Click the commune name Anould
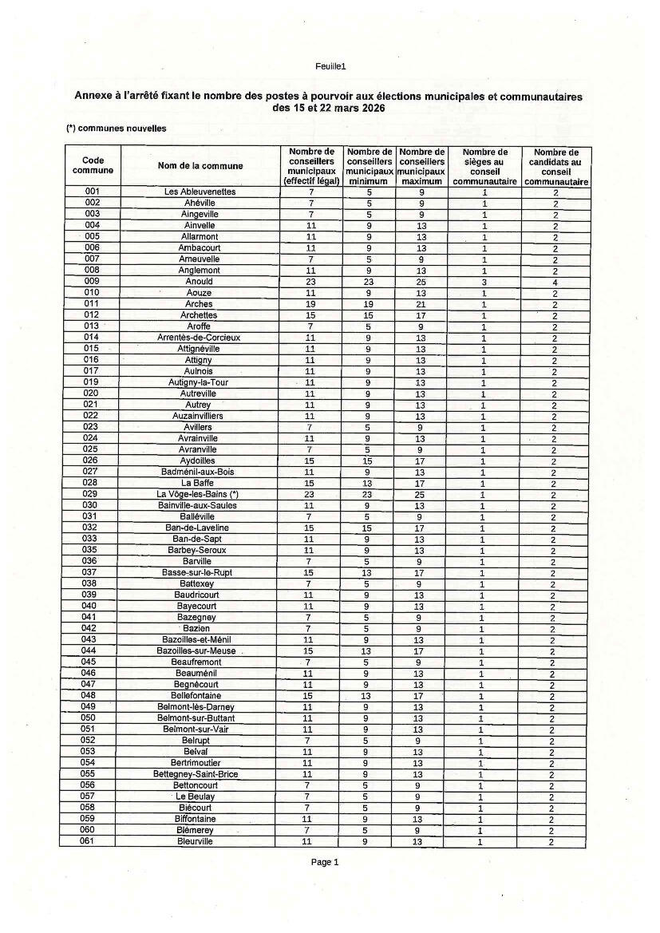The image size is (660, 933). click(199, 282)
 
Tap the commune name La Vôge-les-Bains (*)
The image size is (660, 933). click(198, 494)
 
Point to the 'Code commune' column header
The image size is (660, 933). click(93, 165)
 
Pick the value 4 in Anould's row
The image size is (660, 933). click(554, 282)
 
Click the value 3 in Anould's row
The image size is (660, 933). click(484, 282)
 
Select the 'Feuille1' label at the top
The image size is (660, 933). click(330, 66)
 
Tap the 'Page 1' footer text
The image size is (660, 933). click(325, 862)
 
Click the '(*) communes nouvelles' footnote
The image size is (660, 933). click(117, 128)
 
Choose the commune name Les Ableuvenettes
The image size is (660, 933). click(200, 192)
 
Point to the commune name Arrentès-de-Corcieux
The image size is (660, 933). click(199, 338)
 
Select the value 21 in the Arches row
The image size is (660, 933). click(421, 304)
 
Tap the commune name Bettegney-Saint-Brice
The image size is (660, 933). click(196, 774)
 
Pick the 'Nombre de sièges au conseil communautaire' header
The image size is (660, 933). click(484, 166)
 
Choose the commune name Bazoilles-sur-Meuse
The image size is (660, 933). click(196, 651)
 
